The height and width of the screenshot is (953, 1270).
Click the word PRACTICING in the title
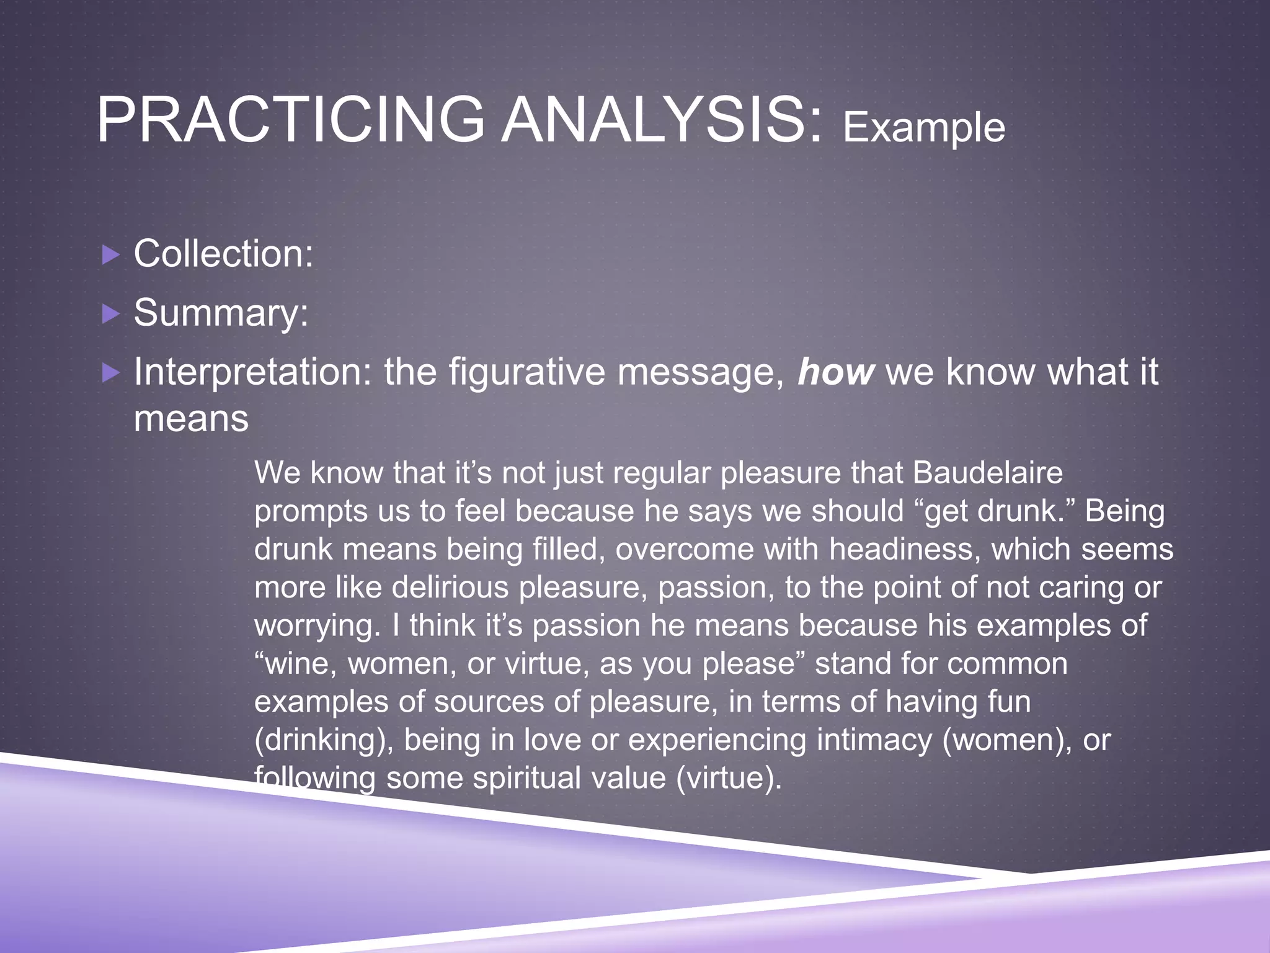coord(290,120)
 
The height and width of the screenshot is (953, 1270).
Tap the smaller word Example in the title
coord(923,128)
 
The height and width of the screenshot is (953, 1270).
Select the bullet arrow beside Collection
coord(110,255)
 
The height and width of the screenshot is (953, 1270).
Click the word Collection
coord(223,254)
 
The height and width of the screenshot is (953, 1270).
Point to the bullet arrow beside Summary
coord(110,314)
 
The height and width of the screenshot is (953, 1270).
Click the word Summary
coord(221,313)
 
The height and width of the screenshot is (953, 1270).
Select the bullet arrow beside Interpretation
coord(110,373)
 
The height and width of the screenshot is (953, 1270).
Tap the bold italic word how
coord(836,372)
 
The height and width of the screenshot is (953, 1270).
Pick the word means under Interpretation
coord(191,419)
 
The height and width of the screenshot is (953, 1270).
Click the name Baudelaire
coord(987,473)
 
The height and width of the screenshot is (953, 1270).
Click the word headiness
coord(905,550)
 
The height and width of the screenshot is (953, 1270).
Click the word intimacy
coord(874,740)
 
